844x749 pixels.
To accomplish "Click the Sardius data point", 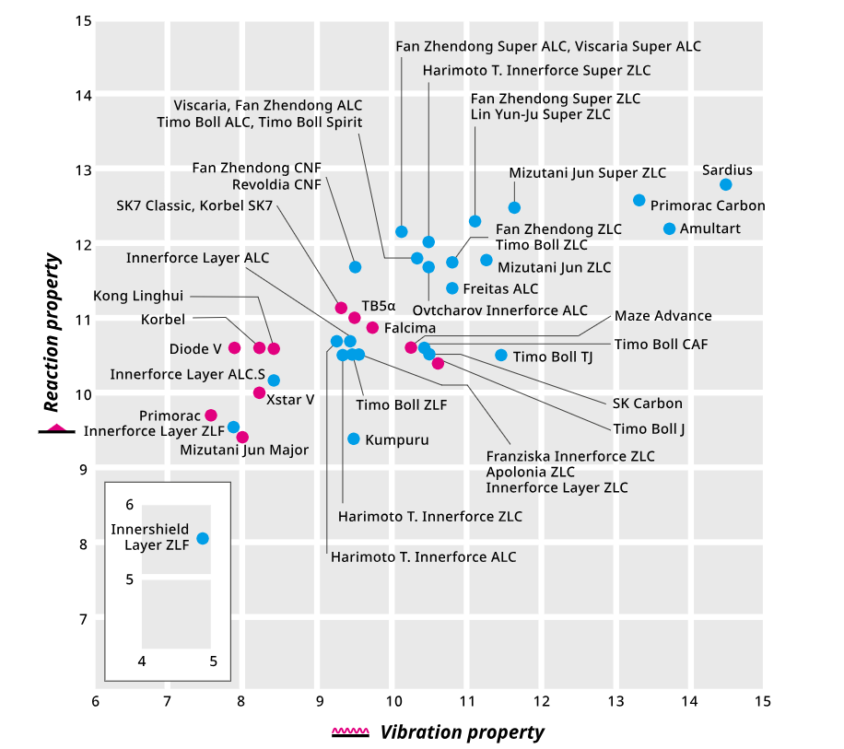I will (726, 184).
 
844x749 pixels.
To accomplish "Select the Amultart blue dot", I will (669, 228).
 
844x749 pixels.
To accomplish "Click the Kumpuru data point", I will (354, 439).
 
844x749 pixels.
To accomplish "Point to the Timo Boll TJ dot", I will (501, 355).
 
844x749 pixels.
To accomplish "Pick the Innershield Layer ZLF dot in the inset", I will (203, 538).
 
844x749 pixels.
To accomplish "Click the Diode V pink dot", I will (234, 347).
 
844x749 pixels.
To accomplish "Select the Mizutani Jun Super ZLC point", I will (514, 207).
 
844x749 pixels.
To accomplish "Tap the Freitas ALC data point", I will (452, 288).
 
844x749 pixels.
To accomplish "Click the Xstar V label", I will (290, 399).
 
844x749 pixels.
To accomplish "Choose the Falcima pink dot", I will (372, 327).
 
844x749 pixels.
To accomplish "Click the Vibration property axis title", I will (462, 732).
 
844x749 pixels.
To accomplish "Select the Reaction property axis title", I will (53, 333).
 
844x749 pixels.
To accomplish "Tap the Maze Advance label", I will (662, 316).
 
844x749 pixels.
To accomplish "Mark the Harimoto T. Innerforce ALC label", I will (423, 556).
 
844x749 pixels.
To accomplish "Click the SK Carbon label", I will (648, 404).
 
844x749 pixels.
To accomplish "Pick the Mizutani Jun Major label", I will (244, 451).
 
